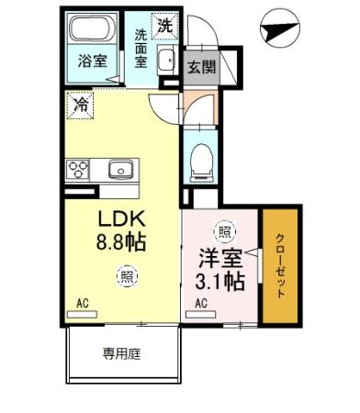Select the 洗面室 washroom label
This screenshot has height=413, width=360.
click(141, 48)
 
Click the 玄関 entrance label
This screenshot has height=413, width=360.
click(202, 67)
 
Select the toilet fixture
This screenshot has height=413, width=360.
click(201, 163)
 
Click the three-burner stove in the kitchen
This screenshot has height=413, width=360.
click(77, 170)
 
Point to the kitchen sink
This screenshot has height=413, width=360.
click(120, 170)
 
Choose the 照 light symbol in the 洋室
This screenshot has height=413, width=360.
click(221, 232)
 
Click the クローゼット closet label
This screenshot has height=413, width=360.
click(280, 267)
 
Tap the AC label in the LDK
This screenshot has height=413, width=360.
click(83, 304)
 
